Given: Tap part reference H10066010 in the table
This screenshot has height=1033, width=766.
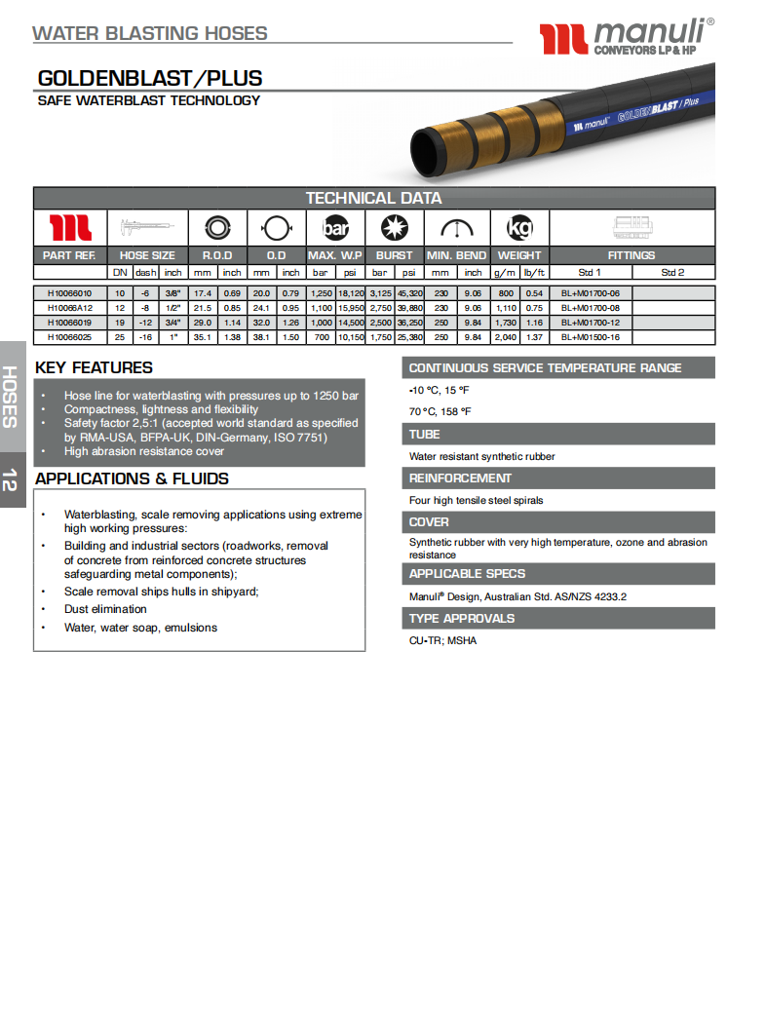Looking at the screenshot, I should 69,292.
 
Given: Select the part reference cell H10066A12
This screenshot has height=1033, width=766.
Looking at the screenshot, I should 69,307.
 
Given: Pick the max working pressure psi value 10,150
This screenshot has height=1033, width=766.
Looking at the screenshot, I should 351,337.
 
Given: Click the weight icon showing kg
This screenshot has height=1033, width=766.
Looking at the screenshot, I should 519,229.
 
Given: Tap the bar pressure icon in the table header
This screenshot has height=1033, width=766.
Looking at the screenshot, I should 335,229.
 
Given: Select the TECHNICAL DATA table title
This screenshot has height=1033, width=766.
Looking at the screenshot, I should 373,198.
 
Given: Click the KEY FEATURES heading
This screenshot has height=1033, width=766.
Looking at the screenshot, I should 94,367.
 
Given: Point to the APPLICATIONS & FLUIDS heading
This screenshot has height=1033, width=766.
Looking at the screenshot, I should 132,478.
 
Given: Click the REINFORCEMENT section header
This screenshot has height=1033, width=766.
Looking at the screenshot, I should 460,478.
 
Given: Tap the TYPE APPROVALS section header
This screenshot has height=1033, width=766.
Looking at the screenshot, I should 462,618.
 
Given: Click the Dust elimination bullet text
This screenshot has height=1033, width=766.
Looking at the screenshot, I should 105,609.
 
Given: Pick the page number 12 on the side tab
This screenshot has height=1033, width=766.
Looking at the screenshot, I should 11,479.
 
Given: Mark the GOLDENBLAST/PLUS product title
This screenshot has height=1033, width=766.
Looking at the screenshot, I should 149,79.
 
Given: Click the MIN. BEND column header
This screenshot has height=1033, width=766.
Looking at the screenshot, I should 456,255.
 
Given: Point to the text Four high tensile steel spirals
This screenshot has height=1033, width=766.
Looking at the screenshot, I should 477,501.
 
